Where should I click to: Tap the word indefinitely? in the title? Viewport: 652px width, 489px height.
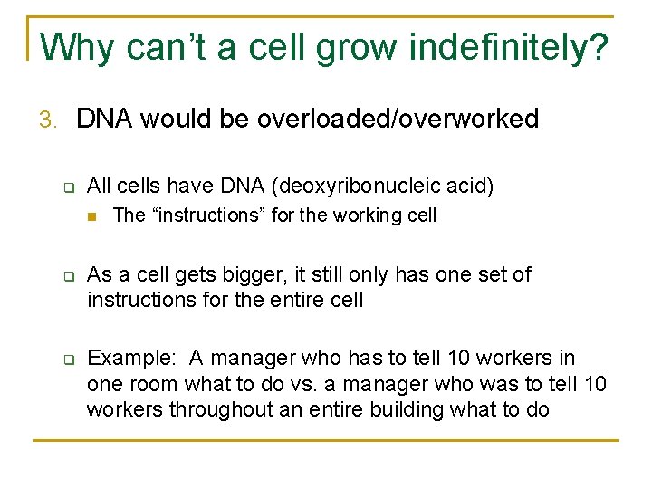pos(509,47)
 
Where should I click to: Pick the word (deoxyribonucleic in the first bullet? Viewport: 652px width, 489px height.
pos(359,187)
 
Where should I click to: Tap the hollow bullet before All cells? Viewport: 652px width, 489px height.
pos(67,187)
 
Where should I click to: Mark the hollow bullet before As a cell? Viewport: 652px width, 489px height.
pos(67,274)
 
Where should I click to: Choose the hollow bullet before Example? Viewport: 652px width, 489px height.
pos(67,359)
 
